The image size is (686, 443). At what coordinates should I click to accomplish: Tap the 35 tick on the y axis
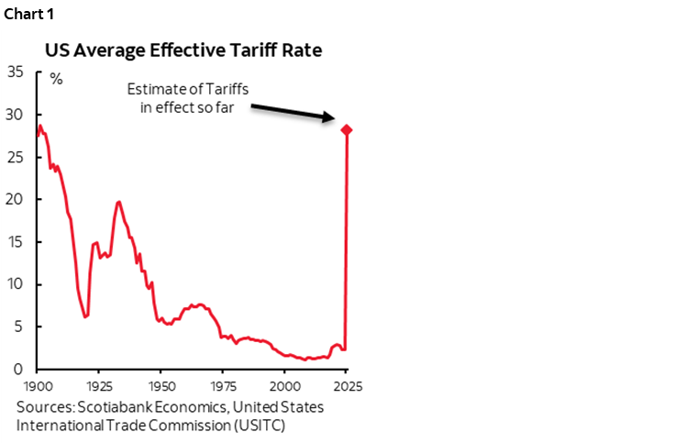[x=16, y=72]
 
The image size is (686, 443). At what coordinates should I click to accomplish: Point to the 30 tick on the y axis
[x=16, y=115]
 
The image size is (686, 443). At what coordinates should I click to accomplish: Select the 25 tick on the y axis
[x=16, y=157]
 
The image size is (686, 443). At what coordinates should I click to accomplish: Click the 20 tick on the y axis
[x=16, y=199]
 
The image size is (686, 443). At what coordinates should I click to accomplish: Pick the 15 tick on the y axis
[x=16, y=242]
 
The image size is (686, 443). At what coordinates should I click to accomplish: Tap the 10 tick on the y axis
[x=16, y=284]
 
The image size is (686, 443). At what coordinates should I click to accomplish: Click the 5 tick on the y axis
[x=19, y=327]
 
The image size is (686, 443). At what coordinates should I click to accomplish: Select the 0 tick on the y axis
[x=19, y=369]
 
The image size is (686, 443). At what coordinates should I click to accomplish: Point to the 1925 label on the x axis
[x=99, y=385]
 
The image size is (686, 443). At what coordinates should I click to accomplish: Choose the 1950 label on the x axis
[x=160, y=385]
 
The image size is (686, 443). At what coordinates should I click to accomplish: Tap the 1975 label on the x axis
[x=223, y=385]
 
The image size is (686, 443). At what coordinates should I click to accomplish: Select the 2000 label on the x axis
[x=284, y=385]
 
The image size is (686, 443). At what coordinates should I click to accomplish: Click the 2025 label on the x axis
[x=346, y=385]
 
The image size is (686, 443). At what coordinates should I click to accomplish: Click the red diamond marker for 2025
[x=346, y=129]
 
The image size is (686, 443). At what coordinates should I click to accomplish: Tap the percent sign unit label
[x=57, y=79]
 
